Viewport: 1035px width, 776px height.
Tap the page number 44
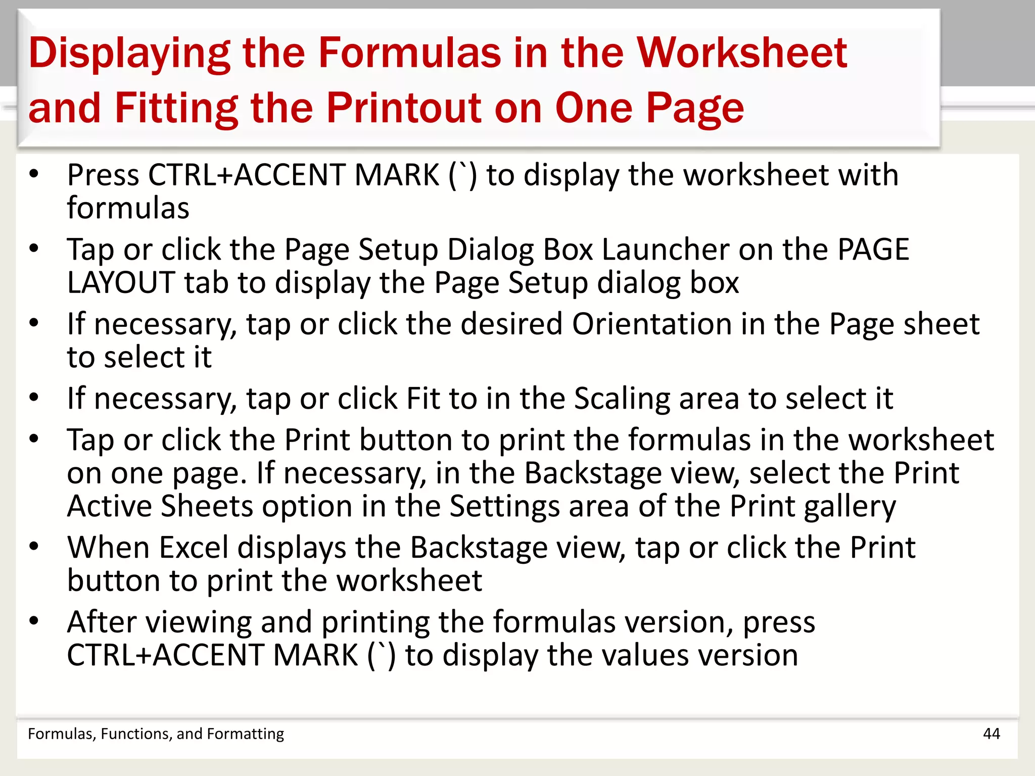991,734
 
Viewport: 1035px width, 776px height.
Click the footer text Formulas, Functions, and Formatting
156,734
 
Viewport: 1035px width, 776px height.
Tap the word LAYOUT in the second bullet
121,282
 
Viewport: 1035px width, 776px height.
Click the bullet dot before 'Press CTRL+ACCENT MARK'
34,175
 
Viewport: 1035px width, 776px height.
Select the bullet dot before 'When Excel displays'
34,547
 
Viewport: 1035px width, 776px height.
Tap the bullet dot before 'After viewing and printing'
34,621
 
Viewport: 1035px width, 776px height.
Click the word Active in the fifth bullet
109,506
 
